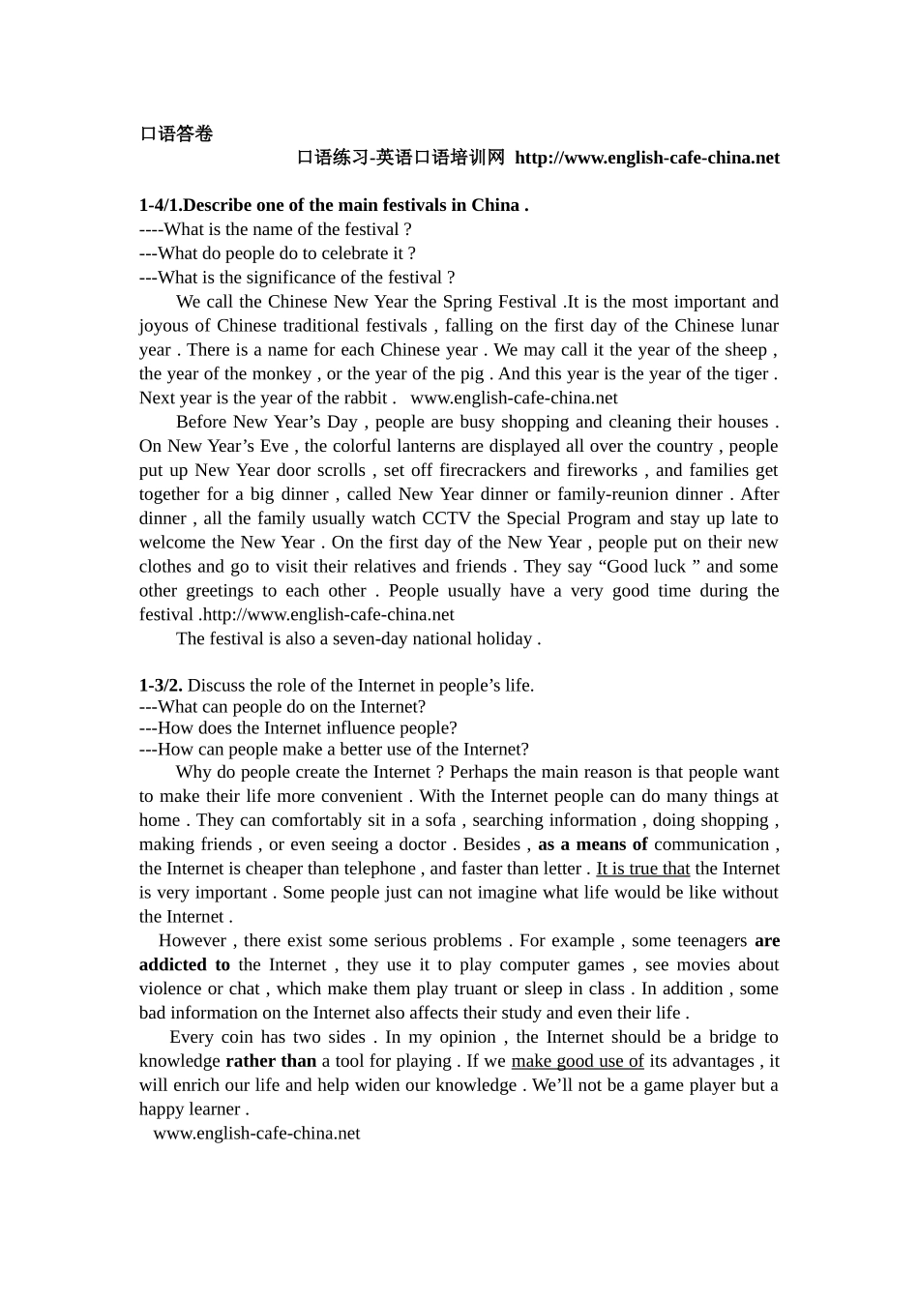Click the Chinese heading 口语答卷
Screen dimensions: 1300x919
point(176,133)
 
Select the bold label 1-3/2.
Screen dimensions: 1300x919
point(161,685)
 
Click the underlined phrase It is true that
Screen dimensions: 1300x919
point(642,869)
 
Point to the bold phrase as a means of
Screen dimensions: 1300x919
point(592,844)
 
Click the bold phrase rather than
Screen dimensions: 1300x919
point(271,1061)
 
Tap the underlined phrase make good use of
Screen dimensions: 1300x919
point(577,1061)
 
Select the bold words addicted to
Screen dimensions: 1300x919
point(185,964)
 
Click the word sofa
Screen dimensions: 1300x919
point(440,820)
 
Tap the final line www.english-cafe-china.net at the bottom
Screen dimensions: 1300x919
point(256,1133)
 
